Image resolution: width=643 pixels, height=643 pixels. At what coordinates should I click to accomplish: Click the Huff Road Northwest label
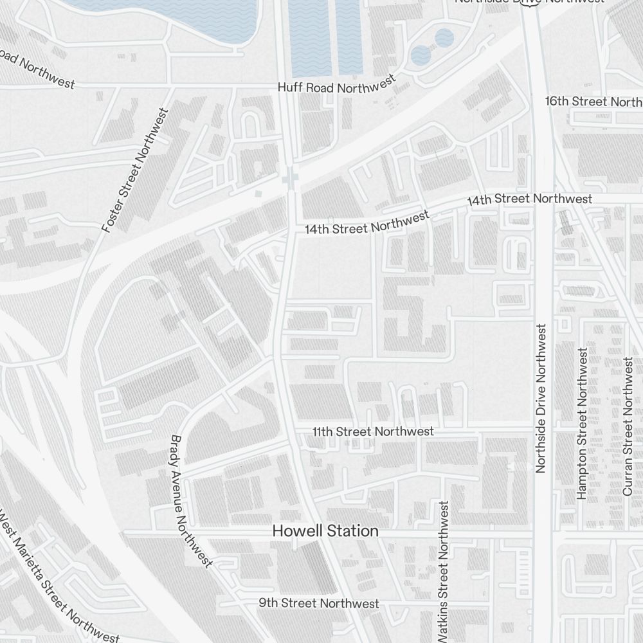click(336, 86)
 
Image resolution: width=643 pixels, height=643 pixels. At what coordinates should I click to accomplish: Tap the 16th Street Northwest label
click(593, 102)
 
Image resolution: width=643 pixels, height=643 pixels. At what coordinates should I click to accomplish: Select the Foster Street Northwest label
click(136, 170)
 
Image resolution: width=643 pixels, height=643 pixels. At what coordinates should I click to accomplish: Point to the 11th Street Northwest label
click(373, 431)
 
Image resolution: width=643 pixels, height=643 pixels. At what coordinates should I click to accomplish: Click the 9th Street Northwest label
click(319, 603)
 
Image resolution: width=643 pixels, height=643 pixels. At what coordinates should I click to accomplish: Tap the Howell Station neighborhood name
click(325, 531)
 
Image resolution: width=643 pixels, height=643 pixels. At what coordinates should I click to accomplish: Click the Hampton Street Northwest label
click(582, 423)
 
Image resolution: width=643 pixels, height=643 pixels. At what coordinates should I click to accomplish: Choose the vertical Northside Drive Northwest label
click(540, 397)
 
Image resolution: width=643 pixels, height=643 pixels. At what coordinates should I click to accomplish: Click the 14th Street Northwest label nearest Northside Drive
click(529, 200)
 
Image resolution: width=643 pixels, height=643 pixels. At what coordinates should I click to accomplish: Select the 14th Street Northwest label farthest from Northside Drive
click(367, 223)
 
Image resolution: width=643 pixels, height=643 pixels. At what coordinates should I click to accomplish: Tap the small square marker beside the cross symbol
click(258, 193)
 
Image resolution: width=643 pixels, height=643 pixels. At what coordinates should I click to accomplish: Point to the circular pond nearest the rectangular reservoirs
click(421, 55)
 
